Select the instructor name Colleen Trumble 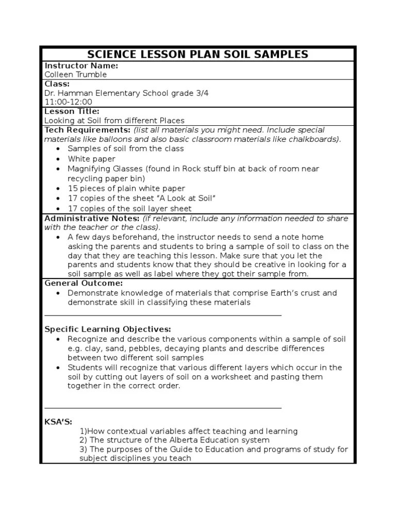click(76, 74)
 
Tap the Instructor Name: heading click(81, 65)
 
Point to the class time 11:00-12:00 click(68, 102)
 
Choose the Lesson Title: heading click(72, 111)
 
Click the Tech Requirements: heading click(88, 130)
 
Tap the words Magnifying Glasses click(106, 169)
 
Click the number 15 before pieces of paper click(73, 189)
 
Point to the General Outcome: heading click(84, 283)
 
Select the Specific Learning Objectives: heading click(107, 329)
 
